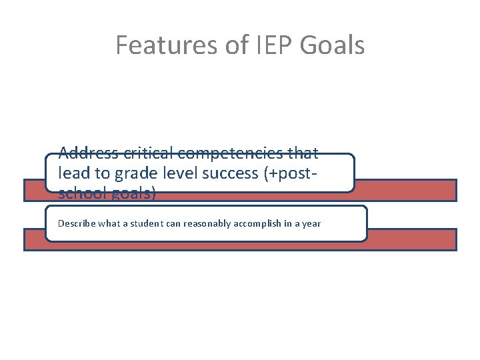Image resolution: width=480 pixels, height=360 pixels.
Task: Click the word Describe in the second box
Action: [x=77, y=223]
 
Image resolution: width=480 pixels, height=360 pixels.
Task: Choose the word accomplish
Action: [x=259, y=223]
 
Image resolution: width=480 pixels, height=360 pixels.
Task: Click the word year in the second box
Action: [x=312, y=223]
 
